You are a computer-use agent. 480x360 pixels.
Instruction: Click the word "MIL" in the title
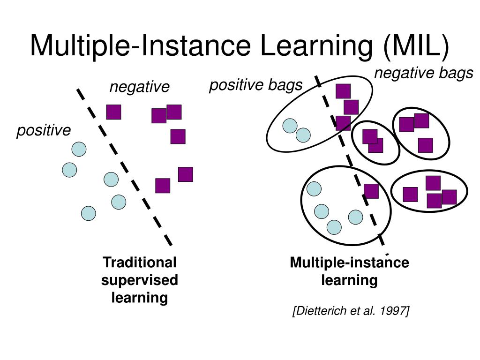pyautogui.click(x=417, y=45)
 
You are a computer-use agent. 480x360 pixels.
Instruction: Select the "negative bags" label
pyautogui.click(x=423, y=74)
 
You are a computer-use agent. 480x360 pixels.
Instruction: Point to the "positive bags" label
pyautogui.click(x=255, y=85)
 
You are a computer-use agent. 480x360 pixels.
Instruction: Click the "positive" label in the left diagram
pyautogui.click(x=44, y=130)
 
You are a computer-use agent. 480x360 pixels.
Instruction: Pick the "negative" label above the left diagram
pyautogui.click(x=139, y=87)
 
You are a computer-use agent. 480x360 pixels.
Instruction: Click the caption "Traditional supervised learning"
pyautogui.click(x=140, y=280)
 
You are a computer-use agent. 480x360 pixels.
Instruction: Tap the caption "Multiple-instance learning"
pyautogui.click(x=349, y=271)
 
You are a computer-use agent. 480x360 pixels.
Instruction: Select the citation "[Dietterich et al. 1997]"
pyautogui.click(x=351, y=311)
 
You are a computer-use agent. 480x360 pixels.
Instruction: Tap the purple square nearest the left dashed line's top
pyautogui.click(x=113, y=112)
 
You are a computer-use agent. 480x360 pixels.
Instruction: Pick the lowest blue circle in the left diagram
pyautogui.click(x=88, y=214)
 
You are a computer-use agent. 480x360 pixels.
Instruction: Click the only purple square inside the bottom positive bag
pyautogui.click(x=371, y=191)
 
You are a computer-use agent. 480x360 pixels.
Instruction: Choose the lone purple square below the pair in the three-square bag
pyautogui.click(x=425, y=145)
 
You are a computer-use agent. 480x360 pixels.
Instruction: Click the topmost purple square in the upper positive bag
pyautogui.click(x=343, y=91)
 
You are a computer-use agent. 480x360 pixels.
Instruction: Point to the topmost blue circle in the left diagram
pyautogui.click(x=79, y=150)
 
